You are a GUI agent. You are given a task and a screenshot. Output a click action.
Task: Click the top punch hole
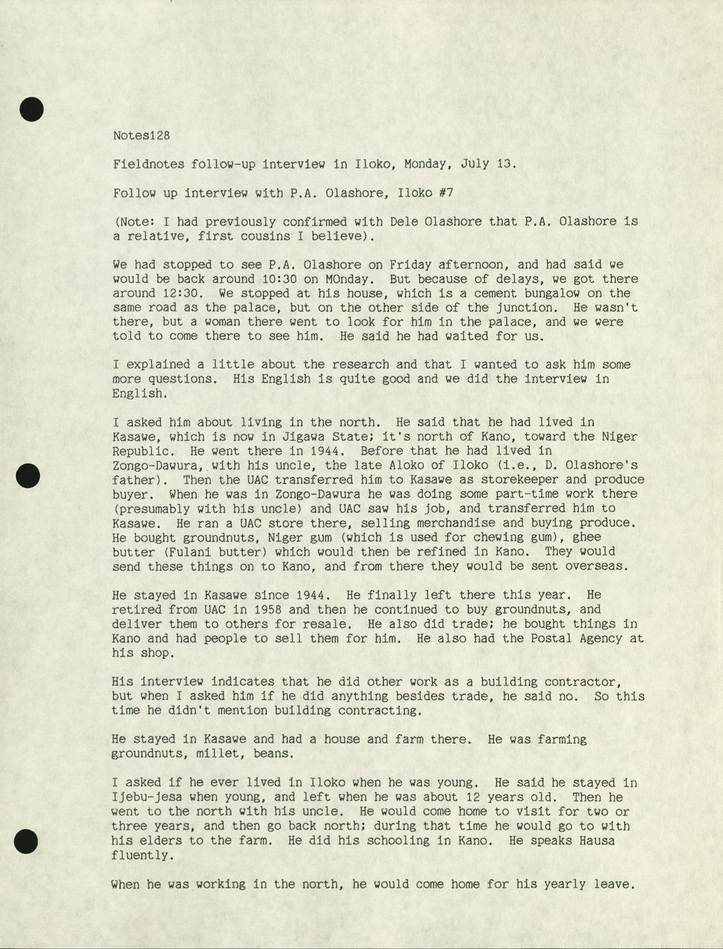tap(31, 109)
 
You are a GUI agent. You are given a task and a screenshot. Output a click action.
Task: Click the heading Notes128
tap(141, 135)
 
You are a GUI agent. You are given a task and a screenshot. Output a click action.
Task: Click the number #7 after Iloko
tap(446, 193)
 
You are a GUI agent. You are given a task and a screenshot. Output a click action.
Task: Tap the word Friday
tap(410, 264)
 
